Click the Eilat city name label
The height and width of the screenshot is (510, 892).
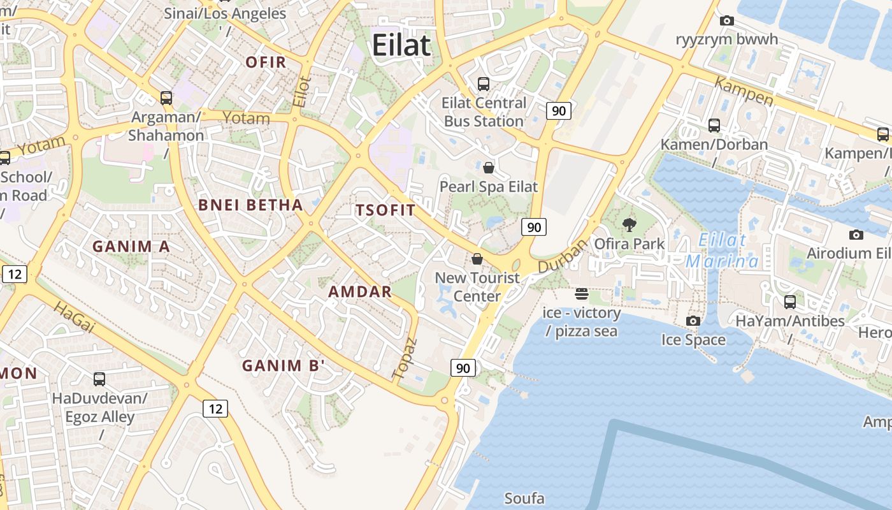tap(401, 46)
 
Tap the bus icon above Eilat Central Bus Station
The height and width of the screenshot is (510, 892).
tap(484, 84)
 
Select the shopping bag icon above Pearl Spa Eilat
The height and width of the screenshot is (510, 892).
tap(489, 168)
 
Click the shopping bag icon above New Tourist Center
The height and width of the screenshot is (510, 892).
tap(477, 259)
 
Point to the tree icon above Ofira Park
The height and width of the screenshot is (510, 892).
tap(629, 224)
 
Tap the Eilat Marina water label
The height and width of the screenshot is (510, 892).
tap(722, 251)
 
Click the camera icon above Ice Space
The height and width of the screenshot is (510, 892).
tap(693, 321)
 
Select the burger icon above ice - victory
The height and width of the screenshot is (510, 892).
tap(581, 294)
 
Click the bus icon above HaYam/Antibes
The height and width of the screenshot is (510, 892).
tap(790, 302)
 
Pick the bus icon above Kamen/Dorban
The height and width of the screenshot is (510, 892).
tap(714, 126)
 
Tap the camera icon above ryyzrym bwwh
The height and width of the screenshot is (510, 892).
tap(726, 21)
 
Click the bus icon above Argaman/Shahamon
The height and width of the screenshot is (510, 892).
tap(166, 98)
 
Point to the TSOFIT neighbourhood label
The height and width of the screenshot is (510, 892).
tap(385, 210)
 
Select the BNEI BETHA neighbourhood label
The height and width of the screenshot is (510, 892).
tap(250, 205)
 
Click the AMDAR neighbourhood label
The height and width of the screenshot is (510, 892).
tap(360, 292)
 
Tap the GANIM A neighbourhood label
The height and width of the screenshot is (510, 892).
tap(131, 247)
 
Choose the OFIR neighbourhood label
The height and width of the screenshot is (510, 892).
tap(266, 62)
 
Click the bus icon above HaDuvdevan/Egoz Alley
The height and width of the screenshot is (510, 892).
tap(99, 379)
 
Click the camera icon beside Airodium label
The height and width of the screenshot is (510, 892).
tap(856, 235)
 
